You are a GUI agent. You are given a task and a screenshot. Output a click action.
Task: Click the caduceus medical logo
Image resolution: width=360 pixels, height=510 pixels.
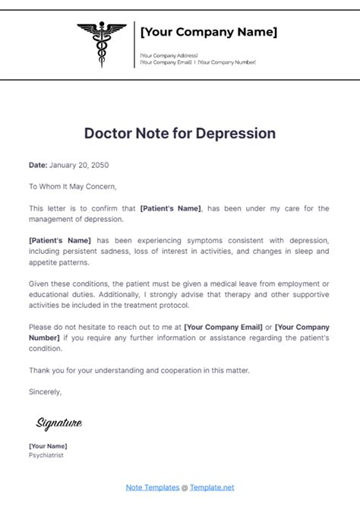(x=101, y=45)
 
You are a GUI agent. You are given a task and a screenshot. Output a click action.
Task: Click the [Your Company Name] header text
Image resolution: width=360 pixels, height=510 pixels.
(x=208, y=32)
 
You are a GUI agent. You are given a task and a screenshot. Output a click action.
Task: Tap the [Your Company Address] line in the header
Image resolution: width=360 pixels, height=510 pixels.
(x=169, y=55)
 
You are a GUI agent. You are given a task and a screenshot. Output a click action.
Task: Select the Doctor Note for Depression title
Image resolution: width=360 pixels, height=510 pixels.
(x=180, y=133)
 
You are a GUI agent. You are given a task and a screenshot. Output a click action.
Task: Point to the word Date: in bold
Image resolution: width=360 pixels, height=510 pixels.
(x=37, y=165)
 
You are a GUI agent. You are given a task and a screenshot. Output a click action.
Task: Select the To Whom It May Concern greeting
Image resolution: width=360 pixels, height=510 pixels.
(x=73, y=186)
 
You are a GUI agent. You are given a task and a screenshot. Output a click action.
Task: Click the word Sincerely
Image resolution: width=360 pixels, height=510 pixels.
(x=46, y=392)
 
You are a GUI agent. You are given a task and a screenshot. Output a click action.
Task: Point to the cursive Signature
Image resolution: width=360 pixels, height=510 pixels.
(x=58, y=423)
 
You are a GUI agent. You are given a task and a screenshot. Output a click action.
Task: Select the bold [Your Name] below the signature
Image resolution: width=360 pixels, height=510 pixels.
(x=48, y=445)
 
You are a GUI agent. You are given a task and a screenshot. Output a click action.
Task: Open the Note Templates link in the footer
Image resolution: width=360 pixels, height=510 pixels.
(x=152, y=486)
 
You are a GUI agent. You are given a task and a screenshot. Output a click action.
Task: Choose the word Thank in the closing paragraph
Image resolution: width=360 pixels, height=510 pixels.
(x=39, y=370)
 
